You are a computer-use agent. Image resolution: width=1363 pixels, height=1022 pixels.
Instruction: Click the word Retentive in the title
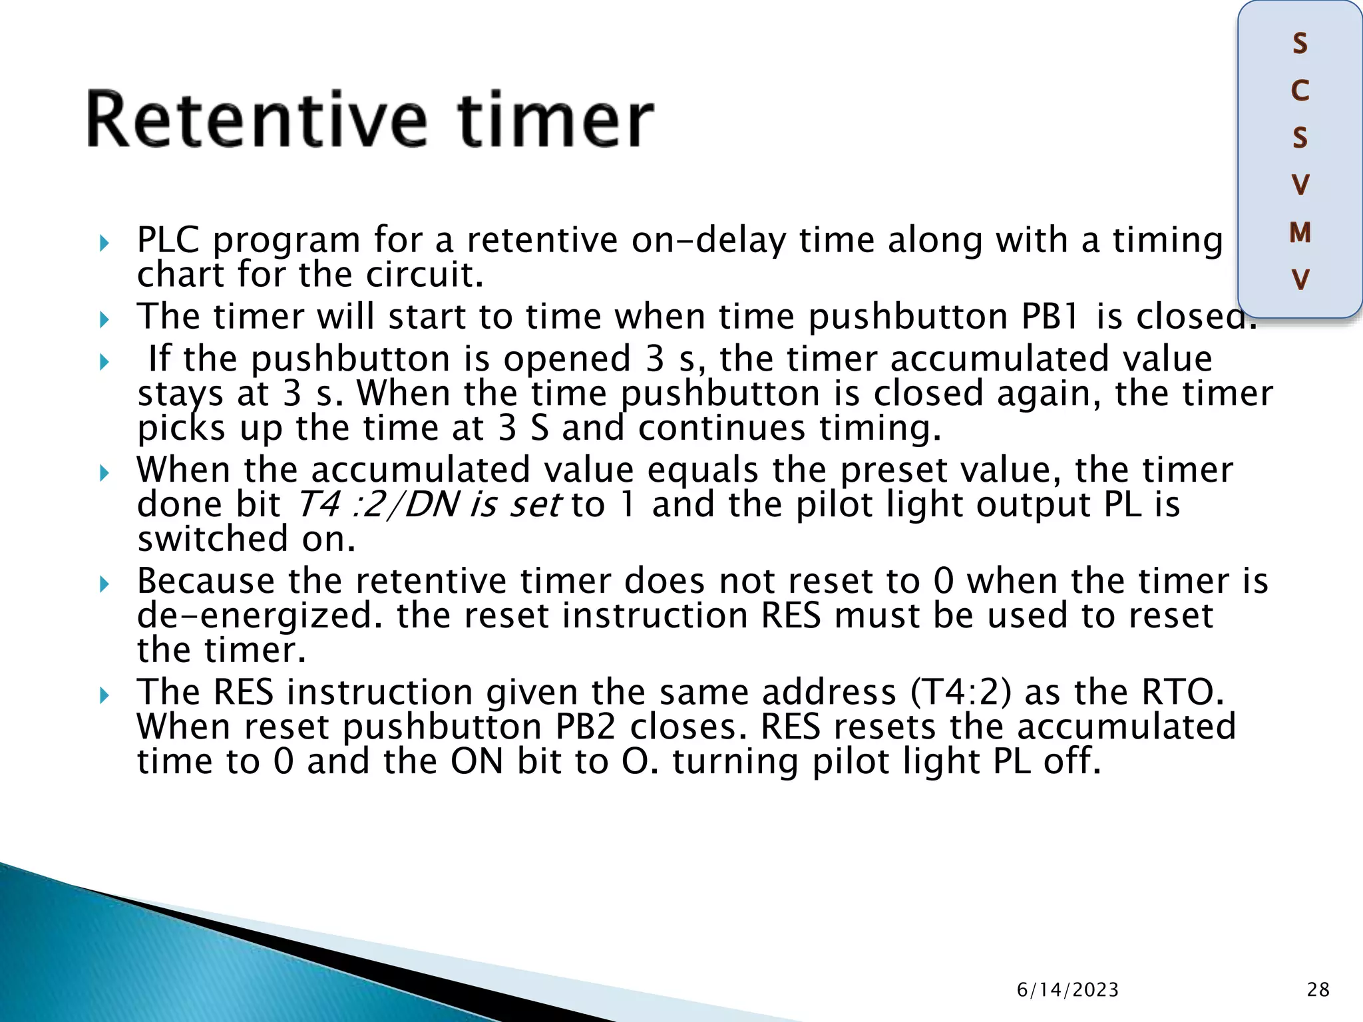click(256, 120)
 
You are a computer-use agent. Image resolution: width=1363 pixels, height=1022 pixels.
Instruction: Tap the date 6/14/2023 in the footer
click(1068, 990)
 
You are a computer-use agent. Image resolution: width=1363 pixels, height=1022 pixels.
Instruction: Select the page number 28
click(1318, 990)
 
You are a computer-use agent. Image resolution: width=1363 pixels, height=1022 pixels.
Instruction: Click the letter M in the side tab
click(1300, 233)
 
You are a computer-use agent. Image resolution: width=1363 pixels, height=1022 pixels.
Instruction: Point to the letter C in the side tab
click(1300, 91)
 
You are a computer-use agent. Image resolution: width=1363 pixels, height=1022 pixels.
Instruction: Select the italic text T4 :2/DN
click(377, 504)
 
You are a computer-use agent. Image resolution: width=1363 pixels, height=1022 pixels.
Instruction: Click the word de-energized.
click(260, 616)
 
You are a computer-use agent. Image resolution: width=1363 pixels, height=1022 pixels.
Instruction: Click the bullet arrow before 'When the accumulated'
click(104, 473)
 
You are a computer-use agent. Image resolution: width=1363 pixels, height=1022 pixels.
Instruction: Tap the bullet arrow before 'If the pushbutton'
click(104, 362)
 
